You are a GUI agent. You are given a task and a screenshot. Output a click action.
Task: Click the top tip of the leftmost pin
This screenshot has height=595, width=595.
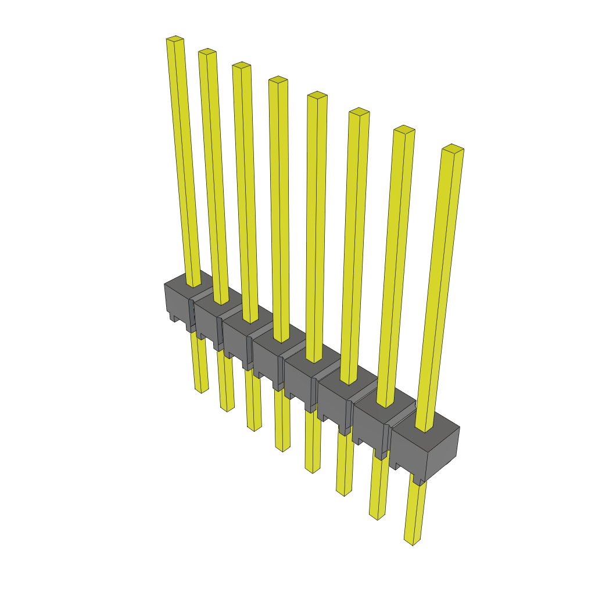175,40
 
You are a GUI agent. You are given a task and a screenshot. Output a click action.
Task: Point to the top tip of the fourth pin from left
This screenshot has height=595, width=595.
278,80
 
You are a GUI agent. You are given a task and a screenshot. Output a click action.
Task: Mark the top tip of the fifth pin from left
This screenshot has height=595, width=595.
317,95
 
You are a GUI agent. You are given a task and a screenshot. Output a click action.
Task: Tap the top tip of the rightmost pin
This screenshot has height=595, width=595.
453,148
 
